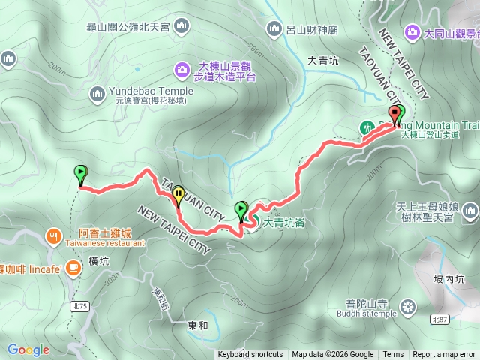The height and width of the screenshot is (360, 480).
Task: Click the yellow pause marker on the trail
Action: tap(178, 195)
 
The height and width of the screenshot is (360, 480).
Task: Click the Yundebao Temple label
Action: tap(151, 91)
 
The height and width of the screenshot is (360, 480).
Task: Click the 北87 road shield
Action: tap(442, 319)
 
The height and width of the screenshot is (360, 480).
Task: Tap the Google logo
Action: tap(28, 349)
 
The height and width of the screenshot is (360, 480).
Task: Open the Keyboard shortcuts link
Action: tap(250, 355)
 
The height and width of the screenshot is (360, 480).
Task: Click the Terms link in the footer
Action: tap(393, 355)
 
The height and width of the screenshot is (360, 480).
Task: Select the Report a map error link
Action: tap(444, 355)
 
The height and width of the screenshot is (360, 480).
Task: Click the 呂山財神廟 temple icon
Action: tap(274, 29)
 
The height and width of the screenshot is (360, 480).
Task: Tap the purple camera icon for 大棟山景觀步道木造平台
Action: tap(182, 70)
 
